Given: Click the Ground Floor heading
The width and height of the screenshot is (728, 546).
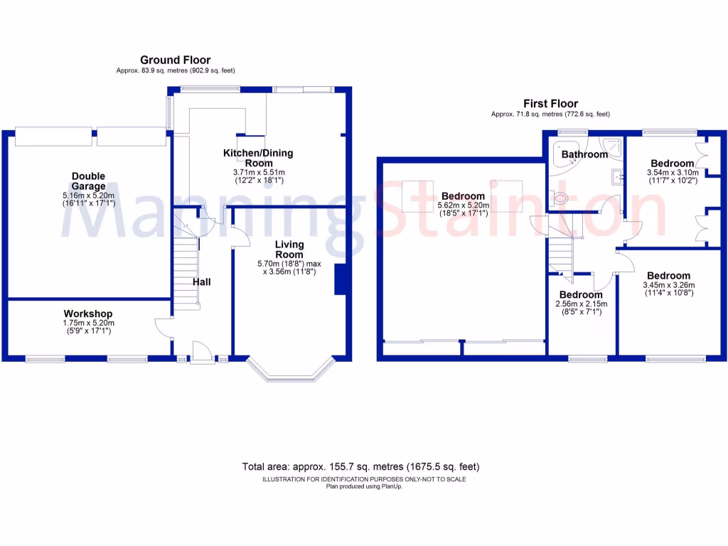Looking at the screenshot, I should [x=175, y=60].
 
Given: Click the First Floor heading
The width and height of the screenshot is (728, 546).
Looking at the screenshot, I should [x=550, y=104].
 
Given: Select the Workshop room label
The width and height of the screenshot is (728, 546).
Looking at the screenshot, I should [x=88, y=314].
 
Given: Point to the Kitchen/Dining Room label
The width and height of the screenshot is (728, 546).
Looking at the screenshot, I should [x=258, y=158].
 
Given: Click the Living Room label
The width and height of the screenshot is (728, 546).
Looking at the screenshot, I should [x=289, y=250].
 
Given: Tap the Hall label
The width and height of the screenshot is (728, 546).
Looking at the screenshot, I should [x=202, y=282].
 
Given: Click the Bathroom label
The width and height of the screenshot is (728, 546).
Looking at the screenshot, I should [x=584, y=154].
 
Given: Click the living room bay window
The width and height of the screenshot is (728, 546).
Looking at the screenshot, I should [x=291, y=373].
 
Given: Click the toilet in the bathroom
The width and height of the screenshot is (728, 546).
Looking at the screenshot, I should [x=561, y=198].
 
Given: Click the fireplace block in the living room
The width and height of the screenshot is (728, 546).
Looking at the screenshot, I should [x=340, y=279].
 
